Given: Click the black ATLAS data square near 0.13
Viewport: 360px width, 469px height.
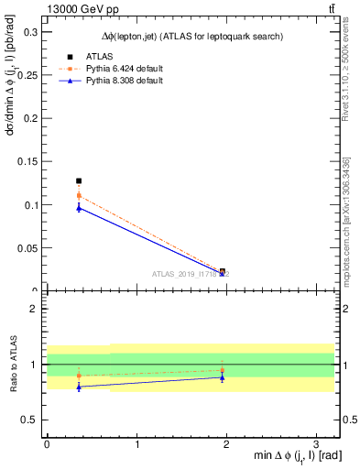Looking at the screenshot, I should click(79, 181).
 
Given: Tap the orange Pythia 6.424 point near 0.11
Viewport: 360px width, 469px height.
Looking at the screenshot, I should click(79, 195).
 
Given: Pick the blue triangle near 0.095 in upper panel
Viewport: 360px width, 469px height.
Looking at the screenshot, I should click(79, 208).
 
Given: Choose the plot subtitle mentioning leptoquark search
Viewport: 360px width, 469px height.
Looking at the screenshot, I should click(191, 36).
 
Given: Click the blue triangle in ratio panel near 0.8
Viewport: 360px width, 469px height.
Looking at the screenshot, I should click(79, 387).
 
